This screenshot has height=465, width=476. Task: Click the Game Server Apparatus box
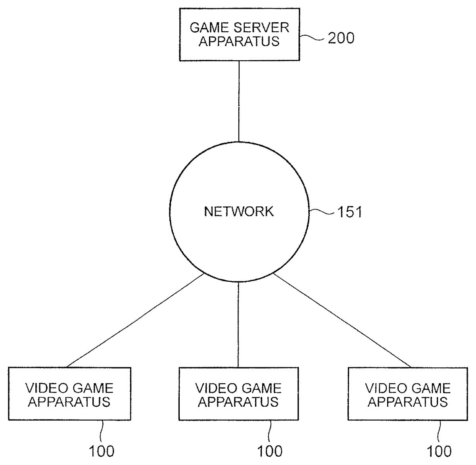(239, 35)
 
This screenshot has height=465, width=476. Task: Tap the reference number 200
(341, 38)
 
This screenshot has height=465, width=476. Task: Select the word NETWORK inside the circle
(239, 211)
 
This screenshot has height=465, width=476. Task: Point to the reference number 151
(349, 212)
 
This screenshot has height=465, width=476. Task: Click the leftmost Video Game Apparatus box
(69, 394)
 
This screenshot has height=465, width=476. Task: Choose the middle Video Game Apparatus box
(239, 394)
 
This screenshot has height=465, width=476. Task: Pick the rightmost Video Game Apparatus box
(408, 394)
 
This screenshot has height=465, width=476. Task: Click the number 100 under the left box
(102, 451)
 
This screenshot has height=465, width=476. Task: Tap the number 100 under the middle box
(270, 451)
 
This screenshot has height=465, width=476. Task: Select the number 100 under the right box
(439, 451)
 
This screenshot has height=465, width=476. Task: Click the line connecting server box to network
(239, 101)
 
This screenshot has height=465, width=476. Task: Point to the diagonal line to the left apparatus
(135, 321)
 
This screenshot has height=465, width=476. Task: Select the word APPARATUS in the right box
(408, 402)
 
